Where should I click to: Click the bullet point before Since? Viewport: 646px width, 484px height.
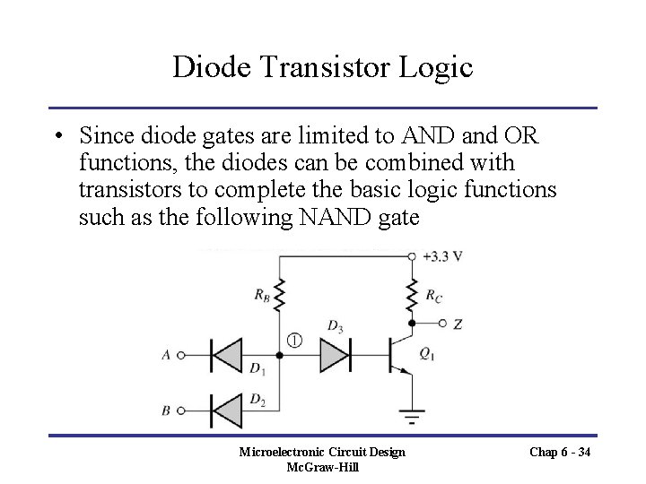(x=57, y=136)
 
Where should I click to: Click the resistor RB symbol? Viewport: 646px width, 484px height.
(x=280, y=295)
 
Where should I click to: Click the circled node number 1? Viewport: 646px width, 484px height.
(x=295, y=340)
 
